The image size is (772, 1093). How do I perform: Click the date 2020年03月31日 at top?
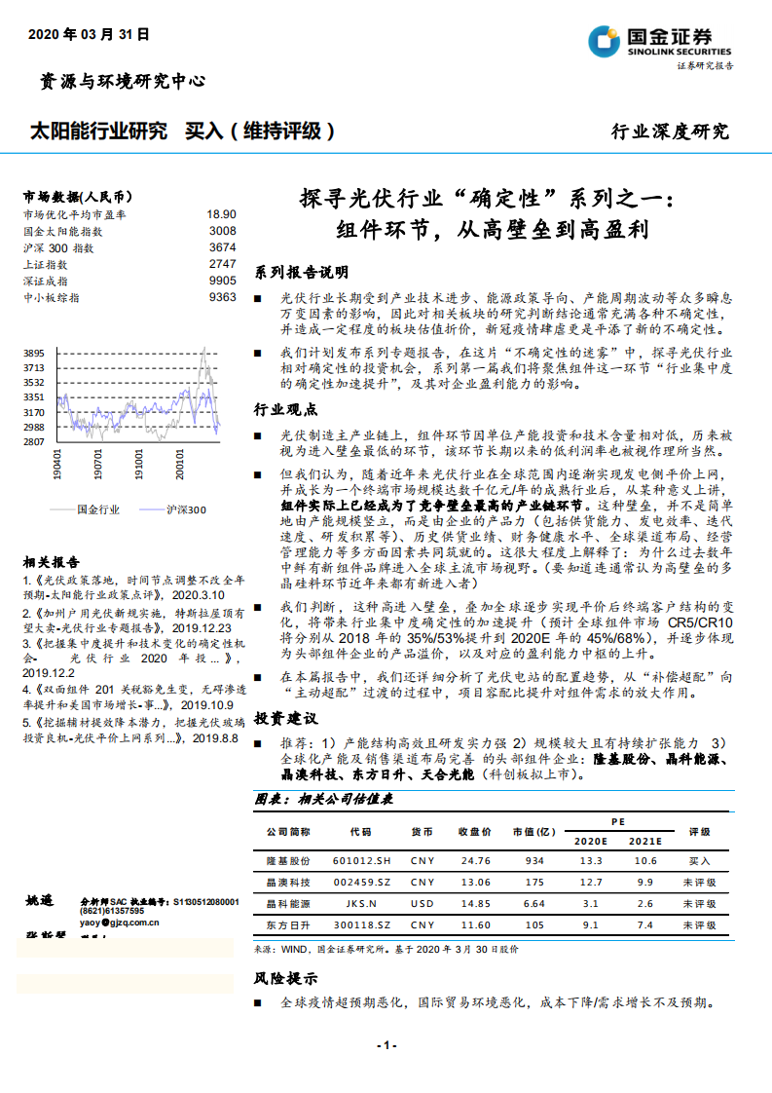[89, 33]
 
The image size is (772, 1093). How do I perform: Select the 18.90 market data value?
[221, 214]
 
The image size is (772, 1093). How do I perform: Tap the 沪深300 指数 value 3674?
[222, 247]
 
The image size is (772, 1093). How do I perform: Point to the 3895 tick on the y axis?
[34, 353]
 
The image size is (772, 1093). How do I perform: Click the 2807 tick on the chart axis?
[34, 442]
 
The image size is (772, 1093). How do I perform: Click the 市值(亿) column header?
[534, 832]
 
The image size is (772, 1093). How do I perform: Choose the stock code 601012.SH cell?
[361, 861]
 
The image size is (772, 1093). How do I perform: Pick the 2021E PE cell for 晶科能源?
[643, 903]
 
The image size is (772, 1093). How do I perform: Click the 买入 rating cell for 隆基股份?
[700, 861]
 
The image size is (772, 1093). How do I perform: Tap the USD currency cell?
[423, 903]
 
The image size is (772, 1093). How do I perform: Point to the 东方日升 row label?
[288, 924]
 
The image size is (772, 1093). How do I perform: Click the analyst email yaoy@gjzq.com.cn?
[120, 921]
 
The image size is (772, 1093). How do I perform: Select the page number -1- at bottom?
[386, 1045]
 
